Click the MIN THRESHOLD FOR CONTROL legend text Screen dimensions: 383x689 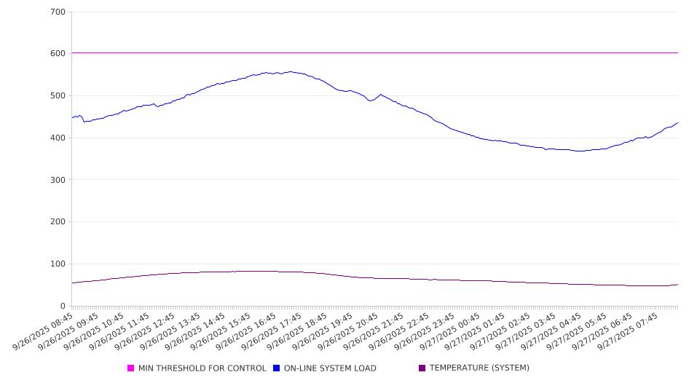202,368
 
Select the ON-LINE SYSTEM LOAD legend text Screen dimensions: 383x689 330,368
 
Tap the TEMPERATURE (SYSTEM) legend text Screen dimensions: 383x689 479,368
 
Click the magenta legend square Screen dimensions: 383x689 131,368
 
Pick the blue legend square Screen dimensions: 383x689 277,368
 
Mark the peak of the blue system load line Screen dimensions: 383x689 291,71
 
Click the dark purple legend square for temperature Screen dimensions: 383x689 422,368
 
